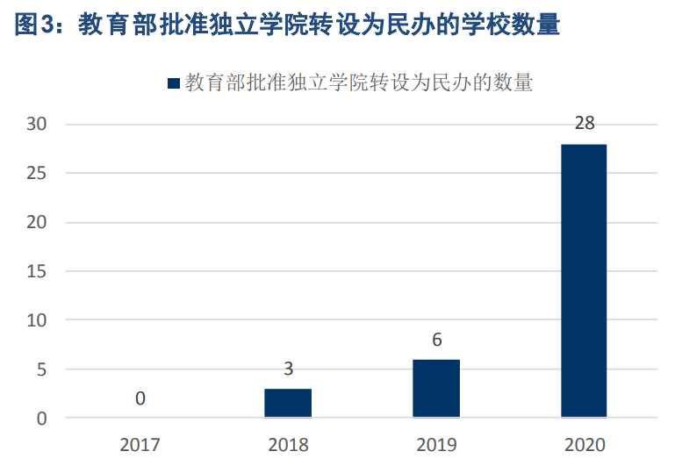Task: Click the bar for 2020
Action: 584,281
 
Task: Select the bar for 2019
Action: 436,389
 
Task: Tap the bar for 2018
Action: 288,403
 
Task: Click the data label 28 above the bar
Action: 585,124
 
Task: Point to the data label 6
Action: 436,340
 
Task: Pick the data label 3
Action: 288,369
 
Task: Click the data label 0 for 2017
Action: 140,398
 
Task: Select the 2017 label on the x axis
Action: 140,445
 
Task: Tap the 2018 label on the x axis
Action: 288,445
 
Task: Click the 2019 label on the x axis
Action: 436,445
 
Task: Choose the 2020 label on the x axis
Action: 584,445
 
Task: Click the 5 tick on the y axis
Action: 40,370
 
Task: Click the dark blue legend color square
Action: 173,83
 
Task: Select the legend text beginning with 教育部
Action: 359,83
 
